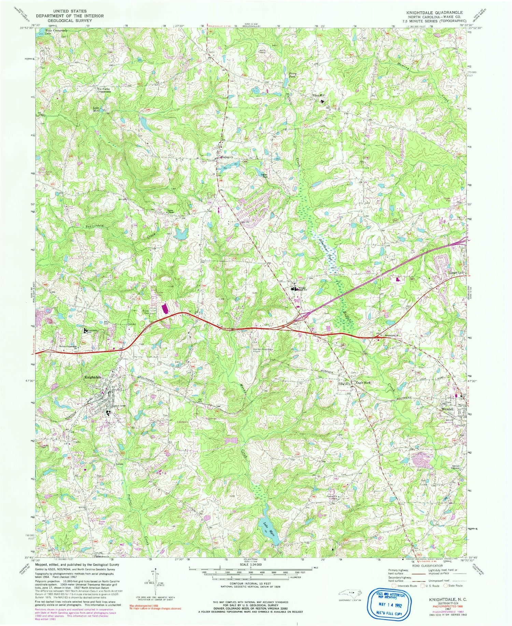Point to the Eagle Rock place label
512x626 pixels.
[x=363, y=383]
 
